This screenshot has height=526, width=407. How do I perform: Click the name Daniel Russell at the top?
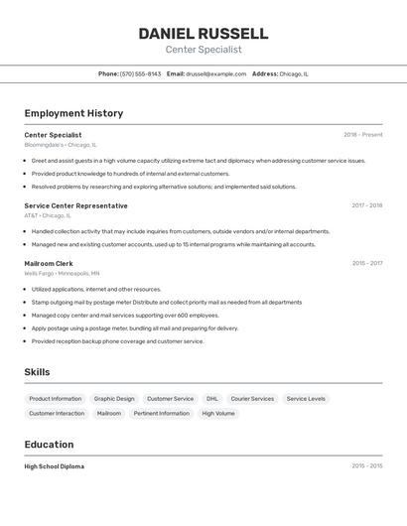203,34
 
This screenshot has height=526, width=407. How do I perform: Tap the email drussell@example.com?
215,73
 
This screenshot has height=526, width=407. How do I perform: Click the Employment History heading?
73,113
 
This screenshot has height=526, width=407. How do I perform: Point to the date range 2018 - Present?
362,135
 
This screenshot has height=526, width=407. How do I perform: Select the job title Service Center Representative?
76,205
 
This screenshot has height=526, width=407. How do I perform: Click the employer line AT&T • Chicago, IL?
48,215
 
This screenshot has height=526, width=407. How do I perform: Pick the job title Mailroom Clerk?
49,263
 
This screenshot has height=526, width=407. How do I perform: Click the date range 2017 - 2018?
366,205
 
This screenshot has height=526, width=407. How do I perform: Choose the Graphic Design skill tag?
114,399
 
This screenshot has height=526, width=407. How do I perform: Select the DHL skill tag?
212,399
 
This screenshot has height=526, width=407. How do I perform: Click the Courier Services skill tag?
252,399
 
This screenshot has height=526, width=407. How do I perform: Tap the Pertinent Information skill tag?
161,413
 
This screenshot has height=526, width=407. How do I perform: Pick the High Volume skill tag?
218,413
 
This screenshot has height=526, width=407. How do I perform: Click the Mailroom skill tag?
109,413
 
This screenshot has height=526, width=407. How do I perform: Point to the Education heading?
49,445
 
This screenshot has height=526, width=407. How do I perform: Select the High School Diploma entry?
55,466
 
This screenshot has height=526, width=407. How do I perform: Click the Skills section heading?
38,372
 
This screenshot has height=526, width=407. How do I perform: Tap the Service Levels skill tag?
306,399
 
